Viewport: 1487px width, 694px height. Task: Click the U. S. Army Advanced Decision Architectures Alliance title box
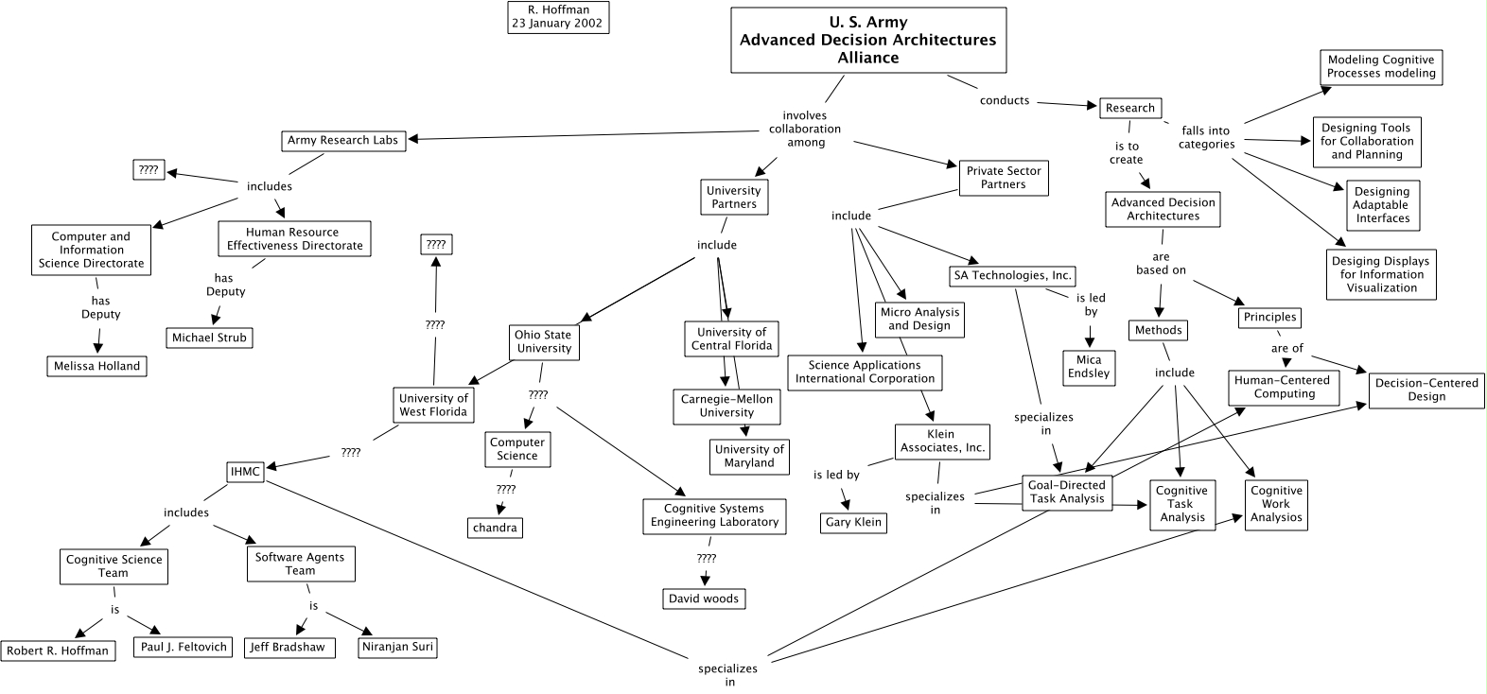coord(867,41)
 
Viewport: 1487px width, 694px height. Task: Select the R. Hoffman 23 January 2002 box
coord(558,17)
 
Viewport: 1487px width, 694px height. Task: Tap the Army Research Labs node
coord(343,141)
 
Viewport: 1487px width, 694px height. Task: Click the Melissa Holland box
coord(97,366)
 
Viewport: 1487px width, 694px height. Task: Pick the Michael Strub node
coord(209,338)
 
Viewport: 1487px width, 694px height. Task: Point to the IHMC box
coord(245,471)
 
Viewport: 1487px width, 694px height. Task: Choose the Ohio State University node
coord(543,341)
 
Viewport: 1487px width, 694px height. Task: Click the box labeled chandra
coord(495,527)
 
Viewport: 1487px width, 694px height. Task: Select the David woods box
coord(704,599)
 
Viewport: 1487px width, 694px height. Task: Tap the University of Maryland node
coord(749,457)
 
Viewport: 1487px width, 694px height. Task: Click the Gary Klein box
coord(853,522)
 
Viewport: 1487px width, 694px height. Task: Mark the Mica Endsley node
coord(1090,366)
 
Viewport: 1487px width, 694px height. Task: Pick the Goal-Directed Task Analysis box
coord(1067,492)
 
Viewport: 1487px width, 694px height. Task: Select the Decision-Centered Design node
coord(1426,390)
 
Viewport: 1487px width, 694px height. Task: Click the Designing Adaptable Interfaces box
coord(1381,205)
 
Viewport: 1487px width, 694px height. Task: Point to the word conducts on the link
coord(1005,100)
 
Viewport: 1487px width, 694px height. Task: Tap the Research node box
coord(1129,108)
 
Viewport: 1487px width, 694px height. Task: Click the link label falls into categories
coord(1206,138)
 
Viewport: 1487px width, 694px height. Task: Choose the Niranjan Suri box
coord(398,648)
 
